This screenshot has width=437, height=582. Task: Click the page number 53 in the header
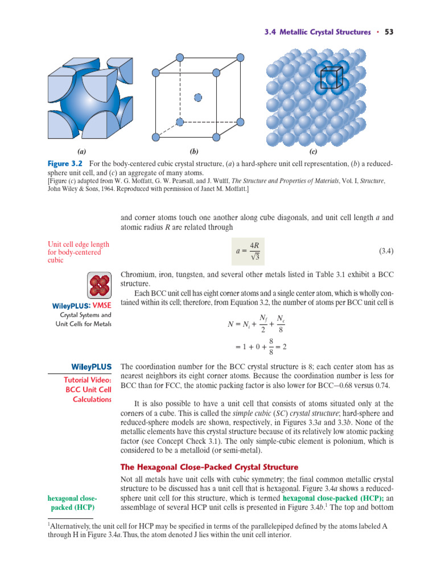pyautogui.click(x=389, y=32)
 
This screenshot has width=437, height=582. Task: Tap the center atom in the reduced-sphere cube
pyautogui.click(x=198, y=97)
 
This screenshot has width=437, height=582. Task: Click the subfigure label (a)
pyautogui.click(x=82, y=152)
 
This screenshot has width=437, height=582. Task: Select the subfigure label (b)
pyautogui.click(x=194, y=152)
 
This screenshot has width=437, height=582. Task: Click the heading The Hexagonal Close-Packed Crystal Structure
pyautogui.click(x=209, y=467)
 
